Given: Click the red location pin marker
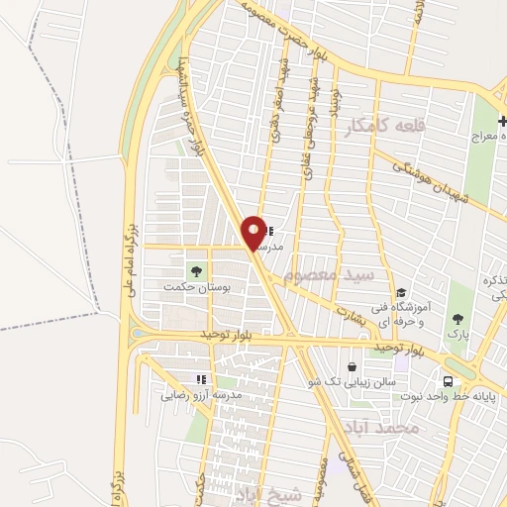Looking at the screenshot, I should (254, 233).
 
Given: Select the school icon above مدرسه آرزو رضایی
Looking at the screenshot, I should (201, 379).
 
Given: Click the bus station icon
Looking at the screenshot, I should (449, 382).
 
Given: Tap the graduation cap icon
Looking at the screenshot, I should (401, 293).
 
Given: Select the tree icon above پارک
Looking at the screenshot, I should (457, 318).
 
